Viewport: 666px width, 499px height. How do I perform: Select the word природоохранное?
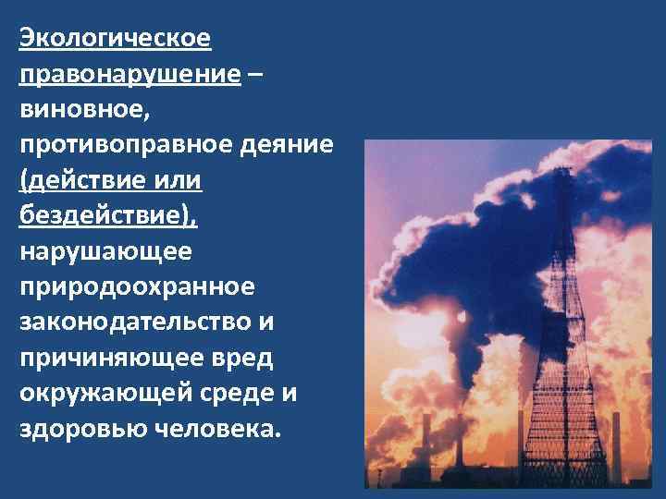[x=135, y=286]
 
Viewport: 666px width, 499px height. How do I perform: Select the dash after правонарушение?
[x=254, y=75]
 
